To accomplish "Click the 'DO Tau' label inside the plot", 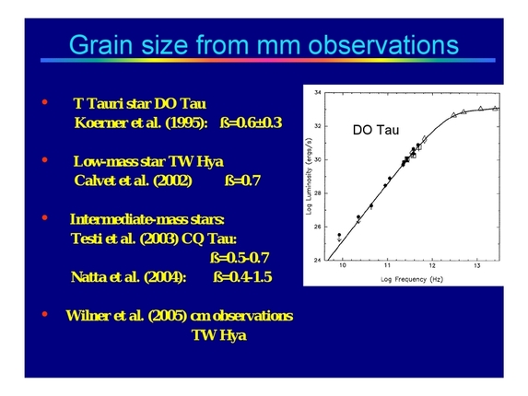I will click(375, 130).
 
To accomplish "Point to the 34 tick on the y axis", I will click(318, 93).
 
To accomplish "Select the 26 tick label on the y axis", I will click(318, 227).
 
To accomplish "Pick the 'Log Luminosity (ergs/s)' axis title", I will click(309, 177).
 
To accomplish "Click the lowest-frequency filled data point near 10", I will click(340, 235).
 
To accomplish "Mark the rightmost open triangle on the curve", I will click(495, 108).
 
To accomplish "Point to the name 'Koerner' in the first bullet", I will click(100, 122).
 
